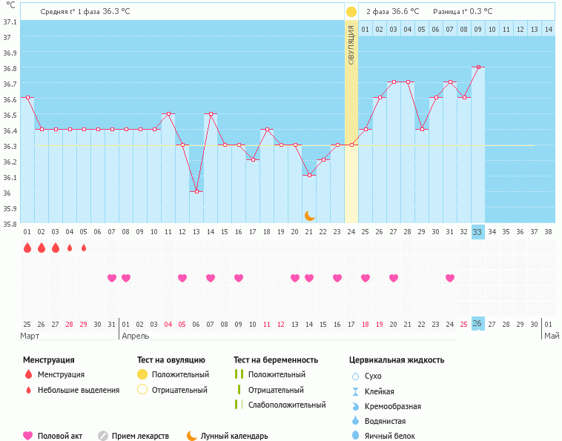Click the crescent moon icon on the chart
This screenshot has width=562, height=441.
point(310,215)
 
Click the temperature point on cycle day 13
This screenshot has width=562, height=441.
point(196,191)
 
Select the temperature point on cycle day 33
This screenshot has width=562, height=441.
point(478,67)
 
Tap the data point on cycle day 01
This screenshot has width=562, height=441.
point(27,97)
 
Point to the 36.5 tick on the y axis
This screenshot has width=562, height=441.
point(10,115)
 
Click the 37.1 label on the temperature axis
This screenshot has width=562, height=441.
point(10,21)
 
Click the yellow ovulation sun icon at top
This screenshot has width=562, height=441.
point(351,11)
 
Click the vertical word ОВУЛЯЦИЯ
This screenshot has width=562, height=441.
point(351,44)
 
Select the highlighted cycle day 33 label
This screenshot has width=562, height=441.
point(478,231)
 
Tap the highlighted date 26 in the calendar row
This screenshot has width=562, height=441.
point(478,324)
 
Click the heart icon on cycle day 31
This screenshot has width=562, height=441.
point(450,278)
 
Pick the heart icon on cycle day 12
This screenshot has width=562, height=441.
point(182,278)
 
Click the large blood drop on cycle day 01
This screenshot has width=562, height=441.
point(27,248)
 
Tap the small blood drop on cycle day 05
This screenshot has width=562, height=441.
point(84,248)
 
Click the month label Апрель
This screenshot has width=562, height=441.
point(135,336)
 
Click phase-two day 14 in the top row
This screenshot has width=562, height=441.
point(548,28)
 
